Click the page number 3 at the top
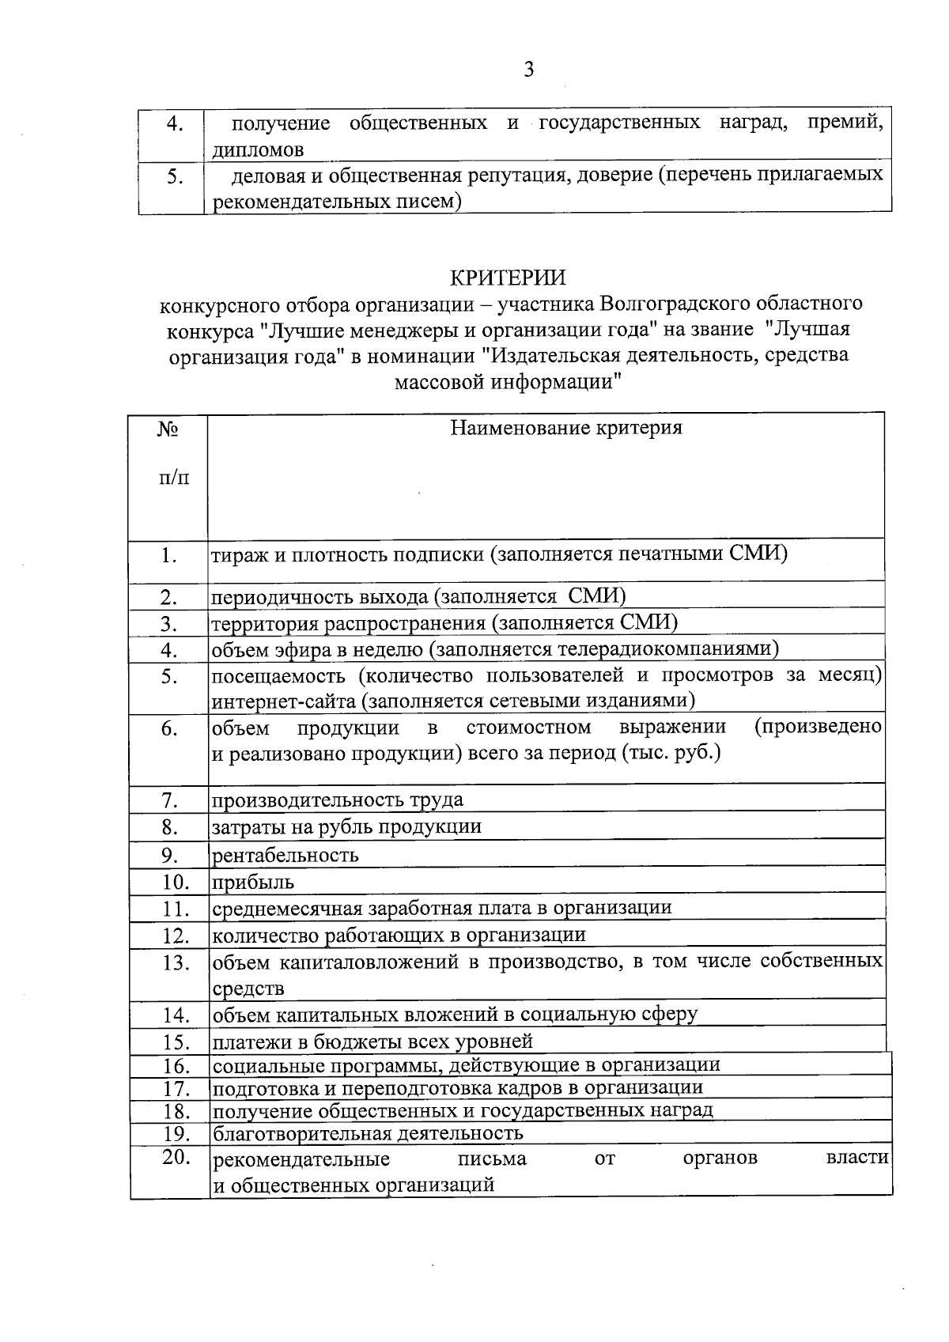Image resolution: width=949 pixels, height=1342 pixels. (x=529, y=70)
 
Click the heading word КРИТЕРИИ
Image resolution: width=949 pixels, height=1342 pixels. (x=509, y=278)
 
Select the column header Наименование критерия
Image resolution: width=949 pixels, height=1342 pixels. (x=566, y=429)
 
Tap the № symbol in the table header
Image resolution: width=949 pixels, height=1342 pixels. (x=168, y=429)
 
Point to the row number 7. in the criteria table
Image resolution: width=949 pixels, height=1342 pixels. (x=169, y=800)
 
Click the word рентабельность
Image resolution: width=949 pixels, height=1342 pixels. (x=285, y=855)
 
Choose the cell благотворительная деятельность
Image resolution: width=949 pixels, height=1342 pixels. (x=368, y=1133)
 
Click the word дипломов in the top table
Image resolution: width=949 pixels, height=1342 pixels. (x=258, y=149)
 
